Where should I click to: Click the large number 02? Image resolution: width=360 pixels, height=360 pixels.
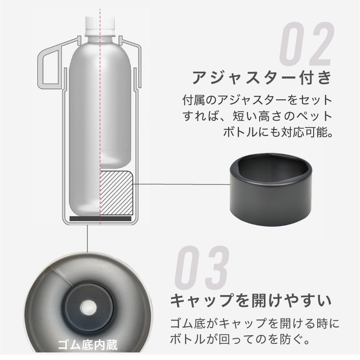306,44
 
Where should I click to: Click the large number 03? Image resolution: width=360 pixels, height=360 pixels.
202,268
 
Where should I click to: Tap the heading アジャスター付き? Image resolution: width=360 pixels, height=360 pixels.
262,77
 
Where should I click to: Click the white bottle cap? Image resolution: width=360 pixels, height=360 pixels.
100,23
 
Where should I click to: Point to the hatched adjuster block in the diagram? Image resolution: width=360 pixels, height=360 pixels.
117,193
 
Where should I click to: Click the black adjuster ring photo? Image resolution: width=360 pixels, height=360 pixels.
271,189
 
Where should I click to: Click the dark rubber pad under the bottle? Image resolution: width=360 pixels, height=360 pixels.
100,219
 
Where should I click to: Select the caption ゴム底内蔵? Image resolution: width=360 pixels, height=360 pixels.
87,345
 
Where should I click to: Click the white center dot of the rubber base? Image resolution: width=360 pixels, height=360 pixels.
88,307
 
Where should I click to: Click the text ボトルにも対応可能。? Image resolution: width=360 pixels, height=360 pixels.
278,132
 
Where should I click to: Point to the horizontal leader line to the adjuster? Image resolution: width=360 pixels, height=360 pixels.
181,184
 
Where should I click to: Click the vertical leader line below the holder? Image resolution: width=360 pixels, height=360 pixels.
87,239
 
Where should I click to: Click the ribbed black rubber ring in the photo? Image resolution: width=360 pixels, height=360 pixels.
88,307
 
